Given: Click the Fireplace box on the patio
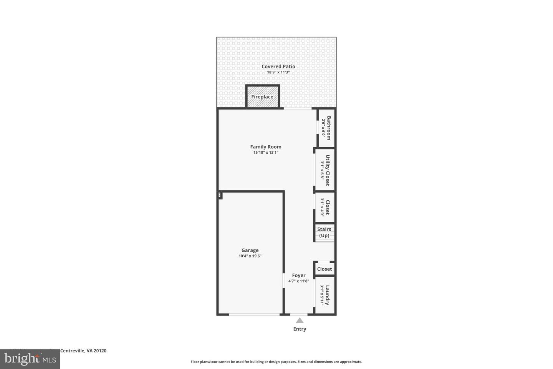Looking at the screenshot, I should [263, 96].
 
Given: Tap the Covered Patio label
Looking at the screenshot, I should [278, 66].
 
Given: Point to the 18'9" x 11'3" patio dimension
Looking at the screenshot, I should [278, 72].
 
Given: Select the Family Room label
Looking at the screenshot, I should [266, 146].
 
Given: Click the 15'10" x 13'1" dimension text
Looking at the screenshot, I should [266, 153].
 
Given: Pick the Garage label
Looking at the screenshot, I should [250, 250].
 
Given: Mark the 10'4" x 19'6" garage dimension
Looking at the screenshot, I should [250, 256].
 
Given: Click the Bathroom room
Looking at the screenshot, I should [326, 128].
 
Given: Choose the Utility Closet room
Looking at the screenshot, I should [325, 170].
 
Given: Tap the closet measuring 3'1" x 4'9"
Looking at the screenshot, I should [325, 207].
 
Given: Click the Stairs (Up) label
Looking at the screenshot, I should [324, 232].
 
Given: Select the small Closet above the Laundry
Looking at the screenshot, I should [325, 269].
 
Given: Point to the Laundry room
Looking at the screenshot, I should [325, 295].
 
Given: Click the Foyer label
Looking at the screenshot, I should [299, 275].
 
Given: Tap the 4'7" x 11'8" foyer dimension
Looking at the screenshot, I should [299, 281].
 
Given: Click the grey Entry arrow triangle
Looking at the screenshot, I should [300, 321].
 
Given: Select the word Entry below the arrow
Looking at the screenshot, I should [300, 329].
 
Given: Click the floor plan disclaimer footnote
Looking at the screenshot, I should [276, 362].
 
